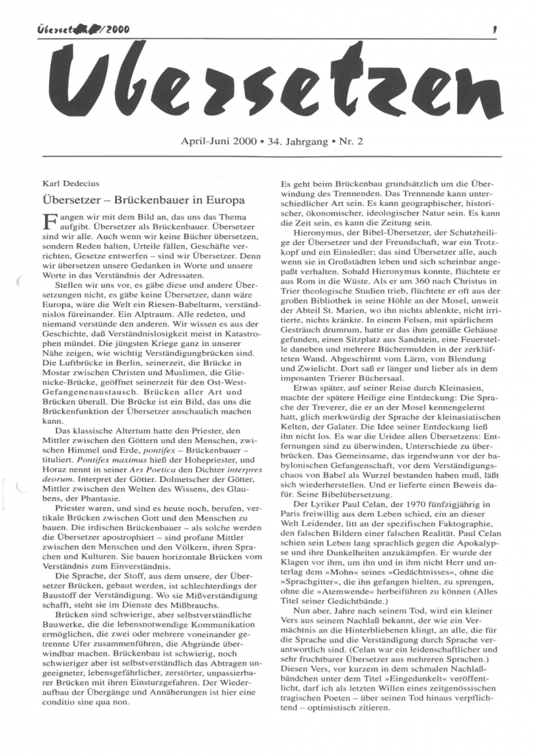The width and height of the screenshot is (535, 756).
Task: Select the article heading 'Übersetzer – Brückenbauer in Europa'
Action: coord(145,199)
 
